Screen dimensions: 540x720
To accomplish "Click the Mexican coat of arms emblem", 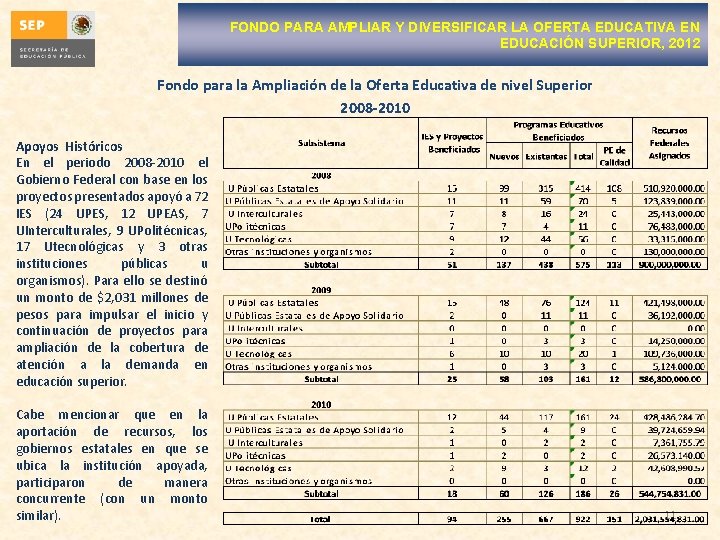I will (x=82, y=24).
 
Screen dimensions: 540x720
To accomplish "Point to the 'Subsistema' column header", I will (x=320, y=143).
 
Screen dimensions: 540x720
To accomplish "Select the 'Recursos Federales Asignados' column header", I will (x=670, y=143).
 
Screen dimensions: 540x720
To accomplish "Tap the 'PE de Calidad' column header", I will (x=614, y=155).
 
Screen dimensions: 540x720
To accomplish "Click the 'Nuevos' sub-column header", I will (x=503, y=156).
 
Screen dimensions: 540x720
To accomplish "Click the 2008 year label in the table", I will (x=320, y=175).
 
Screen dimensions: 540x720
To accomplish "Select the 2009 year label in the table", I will (x=320, y=290).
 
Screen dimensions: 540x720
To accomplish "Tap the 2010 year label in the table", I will (x=320, y=405).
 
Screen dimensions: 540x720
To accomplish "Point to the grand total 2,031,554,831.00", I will (x=670, y=518).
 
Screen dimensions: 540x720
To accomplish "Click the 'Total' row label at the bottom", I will (x=320, y=519).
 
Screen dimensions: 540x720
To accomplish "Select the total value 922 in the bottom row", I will (x=581, y=519).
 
